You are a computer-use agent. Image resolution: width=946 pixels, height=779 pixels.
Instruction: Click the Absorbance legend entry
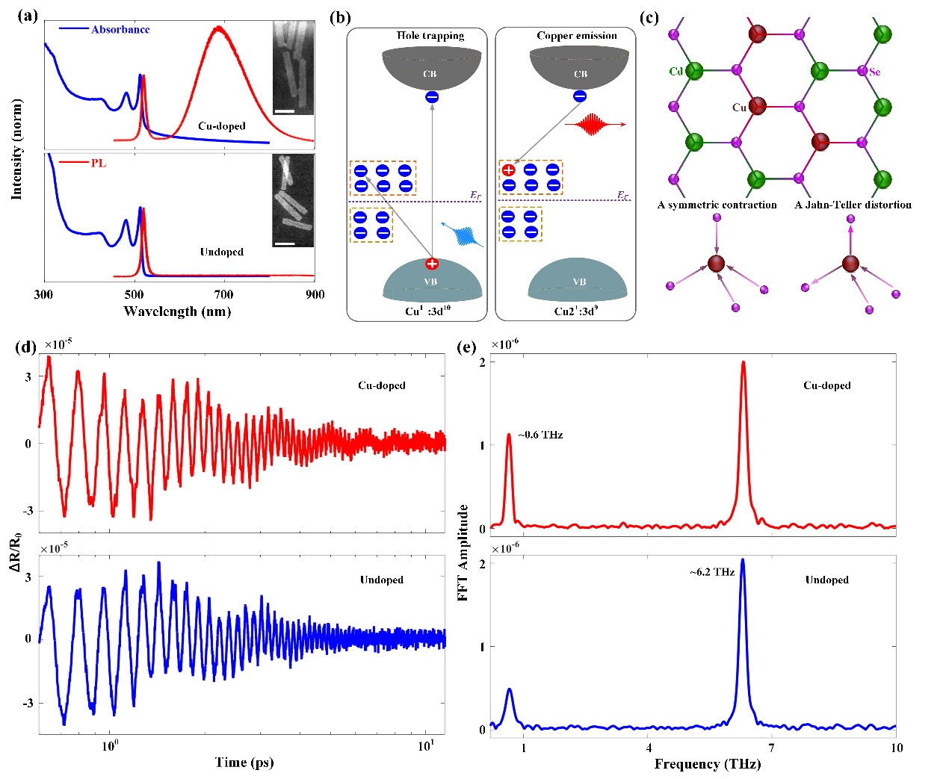(120, 30)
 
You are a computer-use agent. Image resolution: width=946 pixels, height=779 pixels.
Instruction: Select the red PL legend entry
(98, 164)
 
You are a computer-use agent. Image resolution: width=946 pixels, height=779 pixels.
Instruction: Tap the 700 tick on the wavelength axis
(223, 294)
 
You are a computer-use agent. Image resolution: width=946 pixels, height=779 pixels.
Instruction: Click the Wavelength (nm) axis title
(177, 311)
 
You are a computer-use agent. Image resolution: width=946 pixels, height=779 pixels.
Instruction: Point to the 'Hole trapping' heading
(430, 36)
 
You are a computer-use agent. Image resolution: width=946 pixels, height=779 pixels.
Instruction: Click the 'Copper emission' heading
(577, 36)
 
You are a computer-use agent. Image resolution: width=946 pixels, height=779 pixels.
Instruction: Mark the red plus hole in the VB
(432, 264)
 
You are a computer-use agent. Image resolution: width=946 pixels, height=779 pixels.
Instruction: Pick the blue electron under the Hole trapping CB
(432, 97)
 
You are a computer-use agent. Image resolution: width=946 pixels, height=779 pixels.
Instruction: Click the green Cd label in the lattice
(676, 72)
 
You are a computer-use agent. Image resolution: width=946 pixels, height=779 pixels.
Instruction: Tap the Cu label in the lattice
(739, 108)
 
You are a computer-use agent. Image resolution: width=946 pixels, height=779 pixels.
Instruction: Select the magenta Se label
(875, 72)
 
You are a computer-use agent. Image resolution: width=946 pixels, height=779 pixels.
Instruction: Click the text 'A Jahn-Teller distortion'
(853, 205)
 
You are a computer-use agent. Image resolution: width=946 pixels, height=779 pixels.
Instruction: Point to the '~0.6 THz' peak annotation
(540, 435)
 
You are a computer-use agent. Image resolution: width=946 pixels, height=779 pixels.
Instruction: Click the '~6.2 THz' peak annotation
(711, 572)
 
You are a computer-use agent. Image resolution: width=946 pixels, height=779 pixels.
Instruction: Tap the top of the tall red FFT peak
(743, 362)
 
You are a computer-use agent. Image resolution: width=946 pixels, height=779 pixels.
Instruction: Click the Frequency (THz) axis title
(707, 763)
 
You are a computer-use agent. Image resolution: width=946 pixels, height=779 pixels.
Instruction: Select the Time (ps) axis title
(244, 762)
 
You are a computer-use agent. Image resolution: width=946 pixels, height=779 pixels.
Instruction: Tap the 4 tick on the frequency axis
(649, 748)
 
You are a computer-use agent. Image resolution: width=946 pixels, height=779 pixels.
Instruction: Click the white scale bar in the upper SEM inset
(285, 111)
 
